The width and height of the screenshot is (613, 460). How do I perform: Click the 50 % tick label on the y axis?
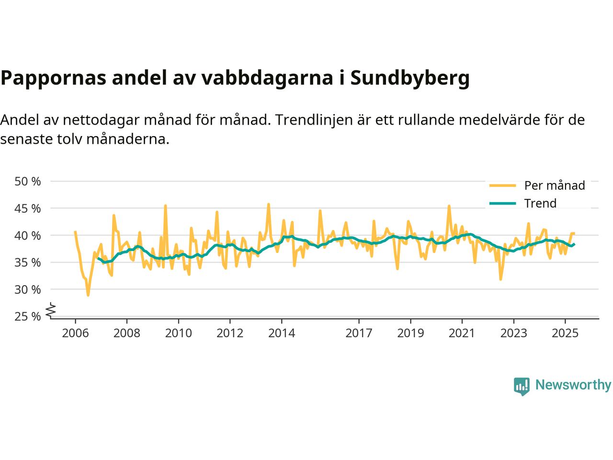coord(28,182)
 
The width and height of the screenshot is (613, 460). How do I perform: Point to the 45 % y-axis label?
coord(28,208)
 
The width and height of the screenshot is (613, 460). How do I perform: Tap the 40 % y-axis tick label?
coord(28,235)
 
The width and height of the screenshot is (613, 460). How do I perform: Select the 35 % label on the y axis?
coord(28,263)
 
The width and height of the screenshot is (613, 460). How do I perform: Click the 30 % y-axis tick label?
coord(28,289)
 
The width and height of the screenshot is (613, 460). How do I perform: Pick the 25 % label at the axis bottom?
coord(28,316)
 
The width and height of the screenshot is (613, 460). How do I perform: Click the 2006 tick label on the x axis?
coord(75,333)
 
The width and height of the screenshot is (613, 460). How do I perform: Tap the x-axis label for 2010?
coord(178,333)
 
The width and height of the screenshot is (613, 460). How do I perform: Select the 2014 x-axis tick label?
coord(282,333)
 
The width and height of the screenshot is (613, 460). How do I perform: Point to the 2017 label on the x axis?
coord(359,333)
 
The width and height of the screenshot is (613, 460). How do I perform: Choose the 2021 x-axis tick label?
coord(462,333)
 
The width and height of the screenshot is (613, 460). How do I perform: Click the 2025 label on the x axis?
coord(565,333)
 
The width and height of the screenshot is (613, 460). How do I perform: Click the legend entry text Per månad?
coord(555,185)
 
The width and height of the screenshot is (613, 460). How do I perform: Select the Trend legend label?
coord(540,203)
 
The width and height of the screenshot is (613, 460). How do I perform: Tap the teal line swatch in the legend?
coord(502,203)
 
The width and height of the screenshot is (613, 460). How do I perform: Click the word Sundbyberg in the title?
coord(410,78)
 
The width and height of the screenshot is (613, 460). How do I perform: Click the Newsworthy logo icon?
coord(522,386)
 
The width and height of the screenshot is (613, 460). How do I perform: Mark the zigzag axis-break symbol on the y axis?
coord(51,310)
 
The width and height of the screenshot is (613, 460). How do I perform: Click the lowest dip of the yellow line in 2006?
coord(88,295)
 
